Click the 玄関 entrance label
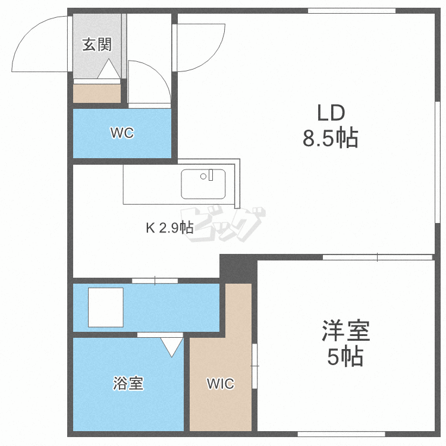(x=97, y=45)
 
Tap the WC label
(x=122, y=133)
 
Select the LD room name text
(x=331, y=112)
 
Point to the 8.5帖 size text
(x=330, y=138)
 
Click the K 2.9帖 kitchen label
(x=170, y=228)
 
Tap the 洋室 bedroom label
(x=346, y=331)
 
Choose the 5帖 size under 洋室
(x=345, y=357)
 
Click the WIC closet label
(x=221, y=384)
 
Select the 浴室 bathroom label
(x=128, y=383)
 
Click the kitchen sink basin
(x=203, y=184)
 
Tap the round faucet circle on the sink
(x=203, y=177)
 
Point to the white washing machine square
(x=106, y=307)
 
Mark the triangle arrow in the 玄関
(x=109, y=68)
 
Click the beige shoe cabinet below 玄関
(x=97, y=93)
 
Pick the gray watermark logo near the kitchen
(x=223, y=225)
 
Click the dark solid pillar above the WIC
(x=236, y=269)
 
